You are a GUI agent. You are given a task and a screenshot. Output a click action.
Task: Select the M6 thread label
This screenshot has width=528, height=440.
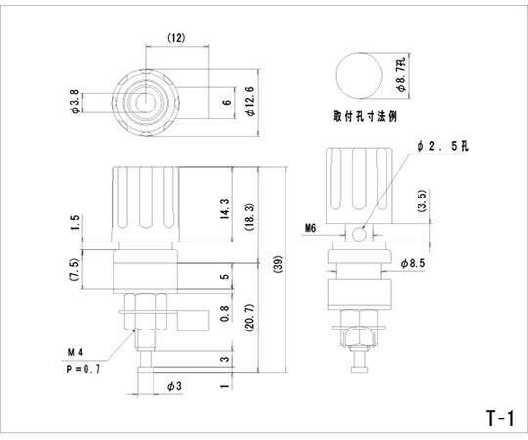click(x=310, y=228)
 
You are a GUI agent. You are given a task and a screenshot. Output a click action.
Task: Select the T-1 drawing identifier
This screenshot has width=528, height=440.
click(x=499, y=418)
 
